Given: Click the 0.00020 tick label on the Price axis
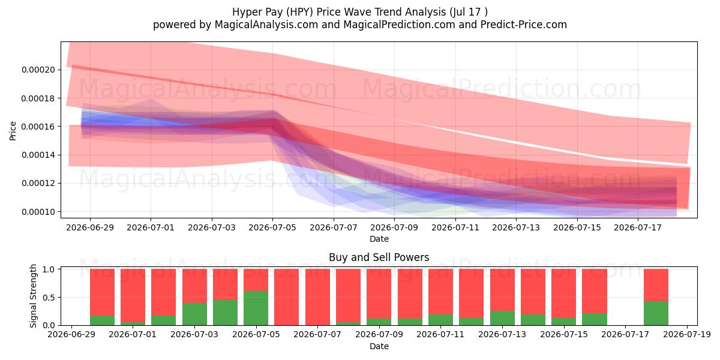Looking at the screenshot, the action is coord(38,70).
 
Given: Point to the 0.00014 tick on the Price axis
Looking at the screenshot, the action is coord(38,155).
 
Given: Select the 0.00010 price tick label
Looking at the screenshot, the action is coord(38,212).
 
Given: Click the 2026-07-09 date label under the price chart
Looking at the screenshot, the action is coord(394,227).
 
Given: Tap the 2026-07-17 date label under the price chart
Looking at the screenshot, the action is coord(638,227).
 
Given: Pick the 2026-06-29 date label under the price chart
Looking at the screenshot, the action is coord(90,227).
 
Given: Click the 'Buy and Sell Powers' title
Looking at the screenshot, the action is coord(379,257).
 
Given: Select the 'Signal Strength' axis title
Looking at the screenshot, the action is coord(33,296).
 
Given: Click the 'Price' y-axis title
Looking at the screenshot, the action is coord(13,131).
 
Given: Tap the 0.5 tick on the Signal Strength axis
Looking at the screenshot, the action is coord(49,298).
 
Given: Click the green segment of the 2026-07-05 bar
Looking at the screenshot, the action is coord(256,308).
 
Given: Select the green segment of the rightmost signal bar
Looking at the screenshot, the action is coord(656,313).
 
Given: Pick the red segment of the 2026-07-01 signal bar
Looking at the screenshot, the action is coord(133,295).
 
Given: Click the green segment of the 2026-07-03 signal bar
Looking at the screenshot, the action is coord(194,314).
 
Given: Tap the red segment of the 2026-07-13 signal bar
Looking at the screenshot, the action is coord(502,290).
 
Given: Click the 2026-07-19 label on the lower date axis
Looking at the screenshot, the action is coord(687,335).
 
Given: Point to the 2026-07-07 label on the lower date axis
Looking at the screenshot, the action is coord(317,335).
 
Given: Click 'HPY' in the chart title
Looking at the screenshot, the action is coord(298,12).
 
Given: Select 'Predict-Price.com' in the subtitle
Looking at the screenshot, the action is coord(524,25).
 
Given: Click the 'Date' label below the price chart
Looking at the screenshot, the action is coord(379,239).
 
